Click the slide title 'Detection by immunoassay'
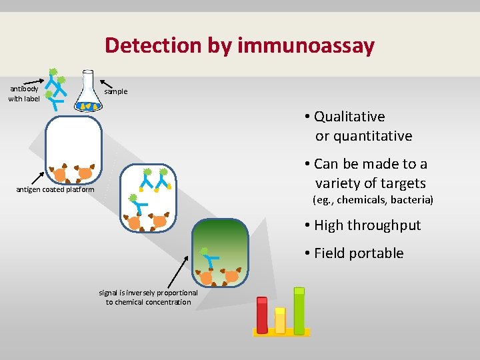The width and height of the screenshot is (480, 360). [x=239, y=45]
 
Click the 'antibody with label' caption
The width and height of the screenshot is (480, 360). [x=24, y=93]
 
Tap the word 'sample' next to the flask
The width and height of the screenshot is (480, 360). [x=115, y=91]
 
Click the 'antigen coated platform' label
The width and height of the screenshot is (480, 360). [x=55, y=189]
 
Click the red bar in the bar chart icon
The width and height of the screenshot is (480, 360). [x=262, y=315]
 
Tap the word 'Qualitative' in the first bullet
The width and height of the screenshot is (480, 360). [x=349, y=117]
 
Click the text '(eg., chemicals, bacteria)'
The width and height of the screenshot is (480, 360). [x=373, y=200]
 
